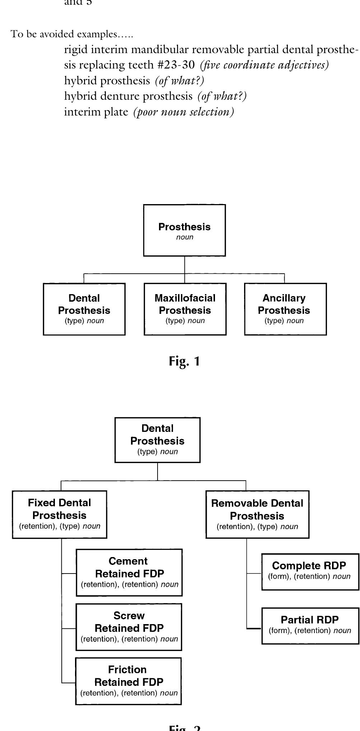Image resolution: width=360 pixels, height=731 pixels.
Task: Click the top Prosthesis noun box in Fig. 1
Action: [184, 230]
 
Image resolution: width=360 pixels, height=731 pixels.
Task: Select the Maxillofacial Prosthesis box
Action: [185, 309]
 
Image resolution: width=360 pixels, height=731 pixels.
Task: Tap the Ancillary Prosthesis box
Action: [285, 309]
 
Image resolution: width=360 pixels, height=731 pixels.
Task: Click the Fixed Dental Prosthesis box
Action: [60, 514]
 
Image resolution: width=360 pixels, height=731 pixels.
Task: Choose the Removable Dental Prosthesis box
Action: [257, 514]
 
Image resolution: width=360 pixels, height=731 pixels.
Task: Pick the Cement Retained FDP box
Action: [129, 572]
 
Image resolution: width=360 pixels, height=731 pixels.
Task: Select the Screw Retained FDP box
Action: [129, 627]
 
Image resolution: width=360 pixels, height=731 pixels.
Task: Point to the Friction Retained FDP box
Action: [128, 681]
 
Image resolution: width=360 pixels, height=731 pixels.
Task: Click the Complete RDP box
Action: [310, 572]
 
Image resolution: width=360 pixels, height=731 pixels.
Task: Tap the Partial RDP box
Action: [310, 626]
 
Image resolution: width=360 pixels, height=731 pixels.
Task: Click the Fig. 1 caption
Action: [184, 361]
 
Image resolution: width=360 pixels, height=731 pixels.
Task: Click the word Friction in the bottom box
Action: [127, 670]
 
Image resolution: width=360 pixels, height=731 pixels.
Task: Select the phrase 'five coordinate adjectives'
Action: [265, 65]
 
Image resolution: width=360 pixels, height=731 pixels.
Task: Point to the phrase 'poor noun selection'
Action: [184, 112]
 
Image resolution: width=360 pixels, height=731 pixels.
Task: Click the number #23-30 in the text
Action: [176, 65]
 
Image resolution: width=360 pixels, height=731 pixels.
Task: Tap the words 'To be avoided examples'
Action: [72, 34]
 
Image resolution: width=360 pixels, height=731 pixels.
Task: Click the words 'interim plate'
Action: [96, 112]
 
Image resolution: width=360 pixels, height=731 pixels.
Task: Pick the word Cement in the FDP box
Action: [128, 561]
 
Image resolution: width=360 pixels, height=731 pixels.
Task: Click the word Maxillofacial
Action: [185, 298]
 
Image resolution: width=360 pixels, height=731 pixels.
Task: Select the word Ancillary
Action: [284, 298]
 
